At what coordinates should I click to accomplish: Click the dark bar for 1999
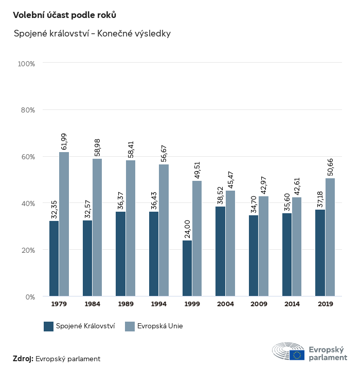coord(187,268)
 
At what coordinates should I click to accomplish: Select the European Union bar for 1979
coord(64,224)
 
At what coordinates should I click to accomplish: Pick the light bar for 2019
coord(330,237)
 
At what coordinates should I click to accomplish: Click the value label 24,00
coord(188,228)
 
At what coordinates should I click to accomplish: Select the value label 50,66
coord(330,168)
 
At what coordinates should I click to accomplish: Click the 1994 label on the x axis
coord(159,304)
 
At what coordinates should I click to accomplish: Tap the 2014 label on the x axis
coord(292,304)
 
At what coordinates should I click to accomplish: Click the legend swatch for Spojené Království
coord(49,326)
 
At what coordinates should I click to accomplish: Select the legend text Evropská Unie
coord(160,326)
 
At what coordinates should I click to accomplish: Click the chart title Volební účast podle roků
coord(61,15)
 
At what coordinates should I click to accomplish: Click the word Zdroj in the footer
coord(23,359)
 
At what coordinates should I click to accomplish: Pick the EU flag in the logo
coord(297,355)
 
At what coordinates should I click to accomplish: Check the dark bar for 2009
coord(254,256)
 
